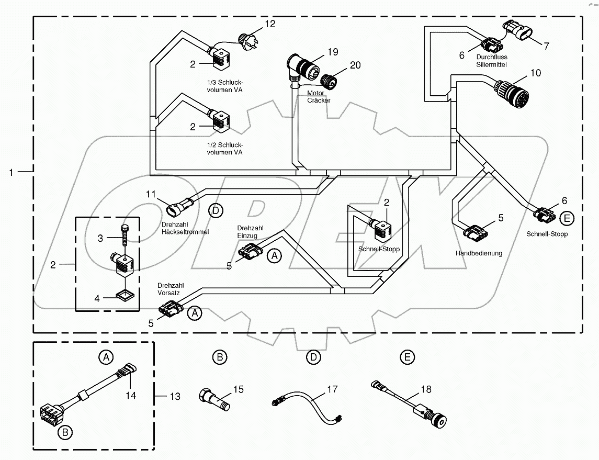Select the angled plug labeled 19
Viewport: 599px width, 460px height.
[302, 66]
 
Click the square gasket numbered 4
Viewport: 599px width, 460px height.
[124, 297]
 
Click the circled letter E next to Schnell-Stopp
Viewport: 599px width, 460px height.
[567, 217]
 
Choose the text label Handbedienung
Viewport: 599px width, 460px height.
[479, 253]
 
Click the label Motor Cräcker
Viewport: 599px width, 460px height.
[319, 97]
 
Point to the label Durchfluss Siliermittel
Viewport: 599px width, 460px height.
[492, 61]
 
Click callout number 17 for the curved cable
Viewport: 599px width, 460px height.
[333, 389]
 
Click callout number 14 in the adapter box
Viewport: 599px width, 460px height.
[130, 396]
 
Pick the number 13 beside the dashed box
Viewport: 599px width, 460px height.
[174, 397]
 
